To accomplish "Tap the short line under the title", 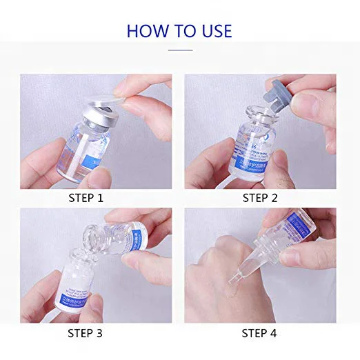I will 180,50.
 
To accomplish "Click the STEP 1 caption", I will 96,199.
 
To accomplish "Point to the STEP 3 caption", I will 96,333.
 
